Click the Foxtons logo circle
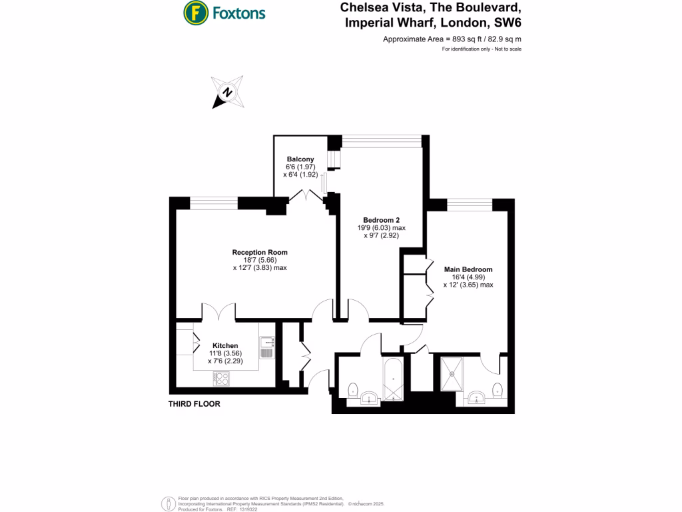point(194,13)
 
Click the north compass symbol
point(228,93)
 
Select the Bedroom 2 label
point(381,220)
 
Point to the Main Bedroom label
point(468,269)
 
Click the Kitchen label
point(224,345)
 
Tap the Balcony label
point(300,159)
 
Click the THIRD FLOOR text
point(194,404)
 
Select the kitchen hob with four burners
point(222,378)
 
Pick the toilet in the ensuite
point(496,391)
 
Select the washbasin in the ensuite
point(476,399)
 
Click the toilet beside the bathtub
point(352,389)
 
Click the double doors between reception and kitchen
point(219,311)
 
